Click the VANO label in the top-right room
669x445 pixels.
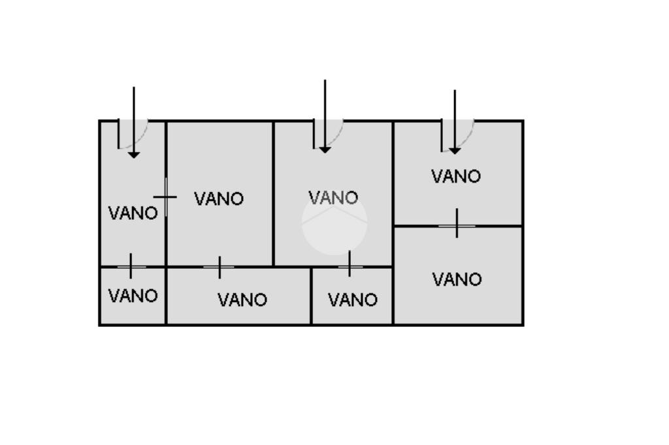pyautogui.click(x=456, y=176)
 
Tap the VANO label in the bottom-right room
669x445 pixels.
pyautogui.click(x=457, y=280)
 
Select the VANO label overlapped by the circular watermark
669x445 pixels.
pyautogui.click(x=333, y=197)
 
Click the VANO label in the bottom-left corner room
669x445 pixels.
pyautogui.click(x=133, y=296)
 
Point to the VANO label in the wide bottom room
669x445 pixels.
pyautogui.click(x=242, y=300)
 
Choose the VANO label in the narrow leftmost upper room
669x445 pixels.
pyautogui.click(x=133, y=213)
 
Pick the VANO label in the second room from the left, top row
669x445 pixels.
pyautogui.click(x=219, y=199)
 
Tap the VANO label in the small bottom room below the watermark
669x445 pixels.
pyautogui.click(x=352, y=300)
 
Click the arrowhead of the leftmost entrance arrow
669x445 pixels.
pyautogui.click(x=134, y=154)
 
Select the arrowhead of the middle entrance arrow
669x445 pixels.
pyautogui.click(x=325, y=149)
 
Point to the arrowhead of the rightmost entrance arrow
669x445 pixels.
pyautogui.click(x=455, y=150)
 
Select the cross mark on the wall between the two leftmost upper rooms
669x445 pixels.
pyautogui.click(x=166, y=196)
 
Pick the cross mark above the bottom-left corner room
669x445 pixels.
pyautogui.click(x=131, y=266)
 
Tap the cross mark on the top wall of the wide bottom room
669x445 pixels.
pyautogui.click(x=220, y=267)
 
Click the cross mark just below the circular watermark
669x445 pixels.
pyautogui.click(x=350, y=265)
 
